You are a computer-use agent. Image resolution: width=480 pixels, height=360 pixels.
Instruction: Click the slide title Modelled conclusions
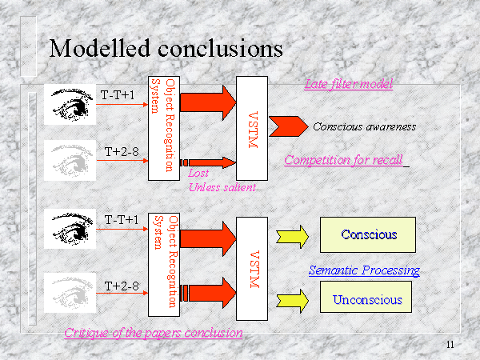(x=166, y=49)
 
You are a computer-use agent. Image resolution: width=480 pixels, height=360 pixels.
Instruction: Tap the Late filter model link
(x=348, y=84)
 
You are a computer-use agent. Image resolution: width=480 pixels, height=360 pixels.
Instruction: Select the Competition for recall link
(x=343, y=159)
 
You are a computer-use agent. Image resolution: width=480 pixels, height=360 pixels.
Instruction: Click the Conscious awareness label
(x=364, y=126)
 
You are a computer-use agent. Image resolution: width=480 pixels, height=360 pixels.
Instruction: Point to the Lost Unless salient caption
(x=222, y=180)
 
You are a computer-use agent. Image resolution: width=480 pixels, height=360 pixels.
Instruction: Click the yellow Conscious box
(x=369, y=234)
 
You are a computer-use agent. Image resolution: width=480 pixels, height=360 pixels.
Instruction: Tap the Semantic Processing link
(x=364, y=270)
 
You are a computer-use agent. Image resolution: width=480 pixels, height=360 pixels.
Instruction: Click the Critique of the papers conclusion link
(x=154, y=333)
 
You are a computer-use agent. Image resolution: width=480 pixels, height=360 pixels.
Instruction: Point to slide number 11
(x=450, y=345)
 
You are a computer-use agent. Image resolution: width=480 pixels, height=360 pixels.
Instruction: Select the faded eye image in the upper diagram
(x=71, y=154)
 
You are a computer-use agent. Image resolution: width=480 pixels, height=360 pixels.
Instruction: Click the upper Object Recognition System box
(x=162, y=128)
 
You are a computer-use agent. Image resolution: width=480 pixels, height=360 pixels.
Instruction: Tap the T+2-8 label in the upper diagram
(x=122, y=150)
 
